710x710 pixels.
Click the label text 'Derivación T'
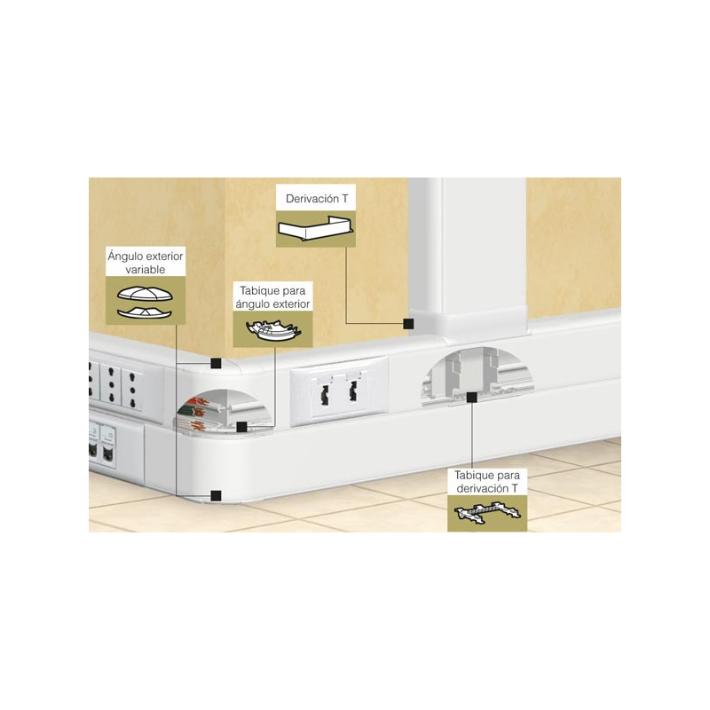(317, 199)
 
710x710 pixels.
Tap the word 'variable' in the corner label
(146, 270)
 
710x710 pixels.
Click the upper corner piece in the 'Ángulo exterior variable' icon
(146, 294)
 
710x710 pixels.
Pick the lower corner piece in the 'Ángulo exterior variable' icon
(145, 312)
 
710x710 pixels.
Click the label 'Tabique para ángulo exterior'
(272, 297)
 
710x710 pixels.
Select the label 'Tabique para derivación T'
(487, 482)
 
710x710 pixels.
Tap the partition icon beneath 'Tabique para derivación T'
(487, 512)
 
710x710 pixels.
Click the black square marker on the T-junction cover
(408, 323)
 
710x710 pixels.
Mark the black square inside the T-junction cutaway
(471, 397)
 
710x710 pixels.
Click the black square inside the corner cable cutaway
(241, 427)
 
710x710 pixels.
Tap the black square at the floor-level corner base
(217, 495)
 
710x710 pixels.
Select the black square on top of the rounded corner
(217, 363)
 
